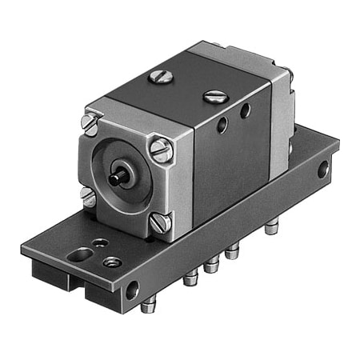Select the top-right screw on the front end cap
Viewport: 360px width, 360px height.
click(162, 150)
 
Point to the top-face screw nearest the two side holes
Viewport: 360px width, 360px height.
click(215, 97)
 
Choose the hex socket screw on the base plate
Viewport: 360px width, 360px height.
click(113, 262)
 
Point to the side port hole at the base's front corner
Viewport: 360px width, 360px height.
click(132, 290)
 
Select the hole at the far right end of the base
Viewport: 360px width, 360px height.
click(322, 169)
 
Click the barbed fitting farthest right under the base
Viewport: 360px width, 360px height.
click(270, 229)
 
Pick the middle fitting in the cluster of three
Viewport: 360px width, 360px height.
click(211, 265)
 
